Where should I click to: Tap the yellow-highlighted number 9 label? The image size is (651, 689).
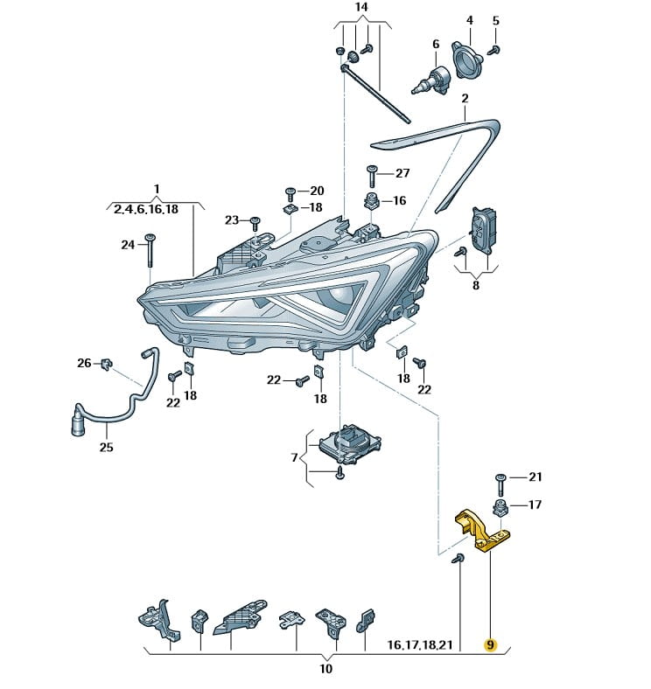(490, 645)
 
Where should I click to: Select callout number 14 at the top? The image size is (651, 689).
(361, 8)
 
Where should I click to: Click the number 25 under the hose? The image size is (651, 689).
(106, 447)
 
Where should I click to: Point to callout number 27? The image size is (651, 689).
(402, 173)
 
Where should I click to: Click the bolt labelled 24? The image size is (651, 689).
(150, 249)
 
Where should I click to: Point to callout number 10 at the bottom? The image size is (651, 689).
(325, 670)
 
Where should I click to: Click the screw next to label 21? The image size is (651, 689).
(501, 477)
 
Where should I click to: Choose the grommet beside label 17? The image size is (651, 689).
(501, 506)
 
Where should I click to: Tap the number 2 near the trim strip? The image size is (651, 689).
(465, 98)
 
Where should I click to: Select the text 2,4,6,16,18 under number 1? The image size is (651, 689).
(145, 208)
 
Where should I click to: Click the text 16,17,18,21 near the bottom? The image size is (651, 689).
(423, 645)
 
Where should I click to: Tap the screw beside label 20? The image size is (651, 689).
(290, 191)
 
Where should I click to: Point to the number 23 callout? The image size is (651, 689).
(231, 219)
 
